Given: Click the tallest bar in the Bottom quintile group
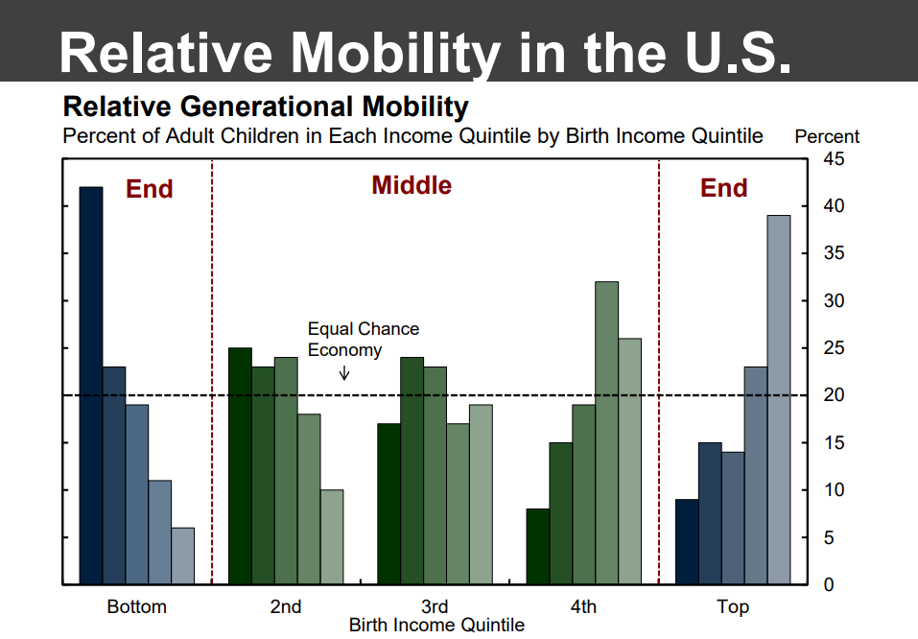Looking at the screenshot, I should click(90, 385).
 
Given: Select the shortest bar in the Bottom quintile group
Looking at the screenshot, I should click(182, 556).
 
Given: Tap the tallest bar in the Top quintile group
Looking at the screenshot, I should click(779, 399).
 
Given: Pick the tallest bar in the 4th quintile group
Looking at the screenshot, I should click(606, 433).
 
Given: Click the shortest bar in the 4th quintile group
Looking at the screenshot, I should click(537, 546).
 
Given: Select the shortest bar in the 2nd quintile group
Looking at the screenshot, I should click(331, 536).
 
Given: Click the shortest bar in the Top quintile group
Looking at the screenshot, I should click(687, 541).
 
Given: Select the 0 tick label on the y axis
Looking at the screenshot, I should click(828, 584).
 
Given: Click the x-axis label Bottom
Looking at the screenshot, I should click(136, 606).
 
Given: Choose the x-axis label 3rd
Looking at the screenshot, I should click(435, 606).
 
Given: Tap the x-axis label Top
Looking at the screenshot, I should click(733, 606).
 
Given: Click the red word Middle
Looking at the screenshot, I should click(412, 185).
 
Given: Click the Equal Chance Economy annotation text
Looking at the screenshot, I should click(363, 340).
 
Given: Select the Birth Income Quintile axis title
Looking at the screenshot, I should click(436, 626).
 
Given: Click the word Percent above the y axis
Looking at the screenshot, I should click(827, 136).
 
